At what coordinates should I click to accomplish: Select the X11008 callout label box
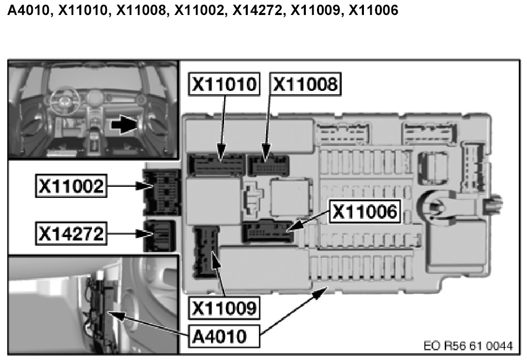(x=305, y=85)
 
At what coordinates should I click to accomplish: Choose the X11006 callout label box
(x=365, y=211)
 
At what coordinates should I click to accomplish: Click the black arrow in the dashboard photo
(x=123, y=125)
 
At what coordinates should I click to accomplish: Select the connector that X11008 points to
(x=268, y=165)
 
